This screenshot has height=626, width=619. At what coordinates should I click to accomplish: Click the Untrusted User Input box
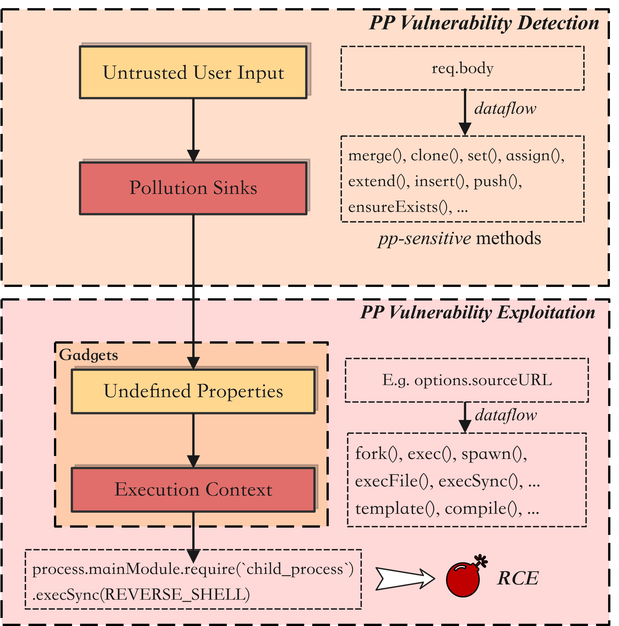pos(193,72)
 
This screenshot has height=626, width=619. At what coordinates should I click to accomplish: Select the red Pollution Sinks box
pos(193,188)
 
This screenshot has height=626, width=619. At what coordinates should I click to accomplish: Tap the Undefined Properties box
pos(193,391)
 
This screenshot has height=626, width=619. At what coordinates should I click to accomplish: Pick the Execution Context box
pos(193,489)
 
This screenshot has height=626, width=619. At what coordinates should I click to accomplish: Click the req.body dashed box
pos(463,68)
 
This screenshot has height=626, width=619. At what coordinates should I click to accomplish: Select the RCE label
pos(518,579)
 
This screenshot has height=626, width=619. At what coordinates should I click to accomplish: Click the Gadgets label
pos(88,355)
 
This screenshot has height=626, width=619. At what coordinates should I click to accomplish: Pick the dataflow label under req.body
pos(505,109)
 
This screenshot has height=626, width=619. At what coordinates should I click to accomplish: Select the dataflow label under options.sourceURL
pos(506,415)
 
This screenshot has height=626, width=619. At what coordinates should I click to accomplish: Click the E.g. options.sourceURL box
pos(467,380)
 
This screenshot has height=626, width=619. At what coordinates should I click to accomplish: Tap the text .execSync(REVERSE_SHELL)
pos(141,594)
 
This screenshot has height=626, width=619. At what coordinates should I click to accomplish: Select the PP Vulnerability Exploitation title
pos(478,313)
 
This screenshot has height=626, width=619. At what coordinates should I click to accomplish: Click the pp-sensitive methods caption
pos(460,238)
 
